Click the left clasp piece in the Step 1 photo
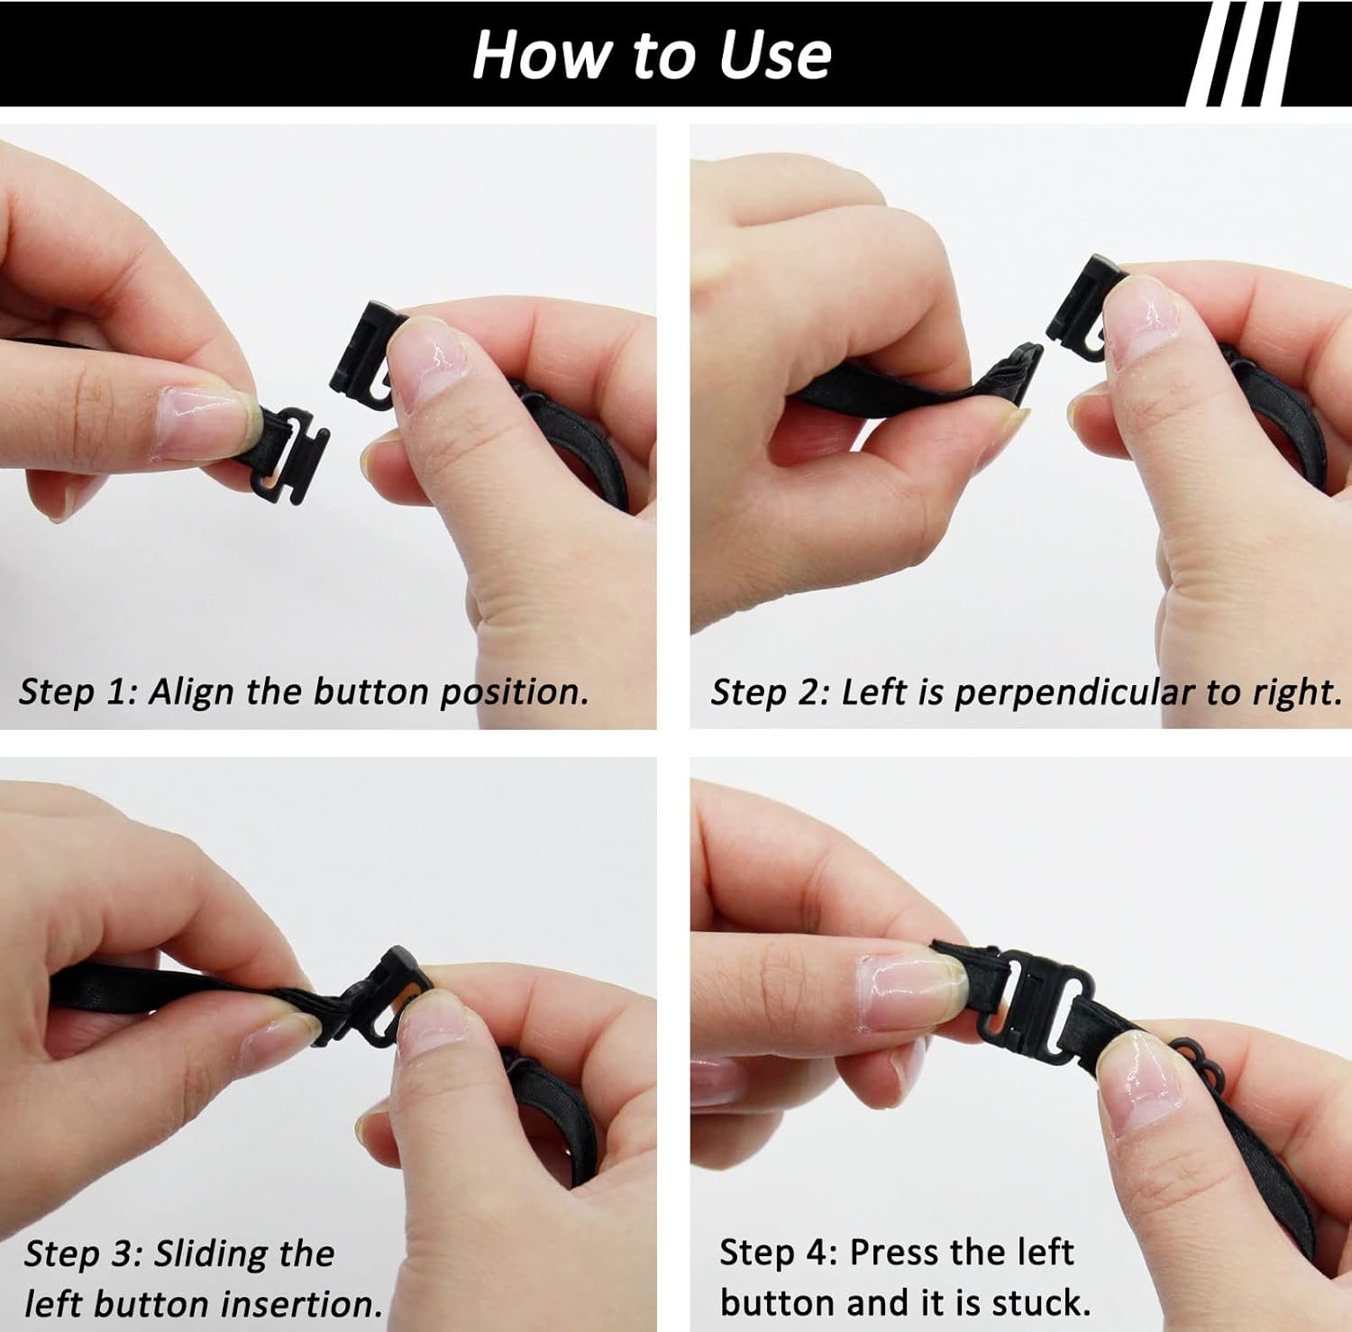[287, 447]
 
